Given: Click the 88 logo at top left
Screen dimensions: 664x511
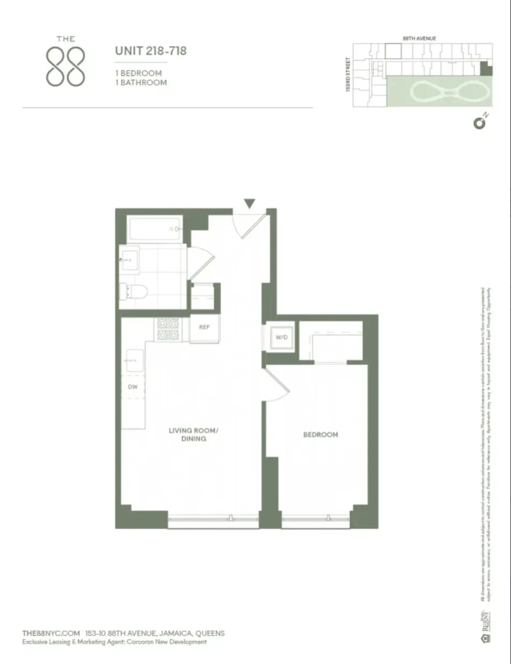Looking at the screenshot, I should tap(65, 63).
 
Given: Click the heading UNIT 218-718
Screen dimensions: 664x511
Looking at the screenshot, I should tap(151, 52).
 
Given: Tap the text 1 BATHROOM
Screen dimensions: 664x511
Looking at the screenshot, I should tap(141, 83).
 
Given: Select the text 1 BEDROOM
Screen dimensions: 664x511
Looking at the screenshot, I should tap(139, 73).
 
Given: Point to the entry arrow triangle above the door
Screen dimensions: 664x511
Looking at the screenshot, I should tap(249, 203).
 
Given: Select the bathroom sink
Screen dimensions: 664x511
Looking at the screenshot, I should tap(129, 260).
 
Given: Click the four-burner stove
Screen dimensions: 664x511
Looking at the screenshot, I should tap(167, 329).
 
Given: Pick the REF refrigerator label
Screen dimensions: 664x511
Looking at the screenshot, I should tap(204, 327).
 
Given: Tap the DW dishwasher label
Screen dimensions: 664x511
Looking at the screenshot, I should tap(132, 387).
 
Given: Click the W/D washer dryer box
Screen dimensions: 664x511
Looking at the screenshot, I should tap(281, 337).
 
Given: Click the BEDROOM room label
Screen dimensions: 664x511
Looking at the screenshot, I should tap(321, 435).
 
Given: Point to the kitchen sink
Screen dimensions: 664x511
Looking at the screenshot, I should tap(134, 360).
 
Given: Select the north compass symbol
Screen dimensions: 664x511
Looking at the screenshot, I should tap(479, 123).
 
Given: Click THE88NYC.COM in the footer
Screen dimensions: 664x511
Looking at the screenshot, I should tap(51, 633).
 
